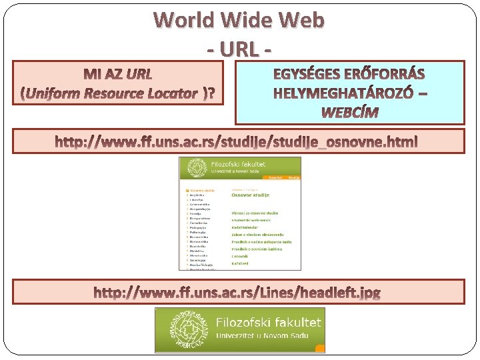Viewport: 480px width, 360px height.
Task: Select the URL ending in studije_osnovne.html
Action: tap(237, 141)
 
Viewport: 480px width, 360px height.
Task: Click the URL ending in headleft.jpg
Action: tap(237, 293)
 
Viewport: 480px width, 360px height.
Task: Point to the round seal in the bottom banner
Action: tap(177, 329)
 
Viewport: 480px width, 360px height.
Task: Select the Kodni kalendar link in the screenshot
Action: tap(245, 227)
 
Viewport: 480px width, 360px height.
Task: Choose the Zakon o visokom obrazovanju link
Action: tap(253, 234)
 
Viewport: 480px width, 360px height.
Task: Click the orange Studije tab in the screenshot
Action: tap(294, 178)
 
